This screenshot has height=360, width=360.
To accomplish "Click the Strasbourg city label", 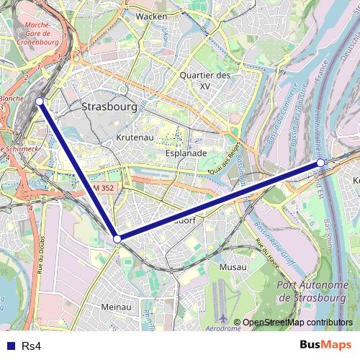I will pos(109,107).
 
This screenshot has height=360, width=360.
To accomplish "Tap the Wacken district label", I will pos(151,16).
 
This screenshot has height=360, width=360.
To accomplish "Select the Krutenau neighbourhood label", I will pos(133,137).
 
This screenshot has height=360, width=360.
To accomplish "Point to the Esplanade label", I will pos(186,153).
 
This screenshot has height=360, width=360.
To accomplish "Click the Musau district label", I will pos(233,267).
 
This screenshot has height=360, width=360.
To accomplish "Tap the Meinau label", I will pos(116,307).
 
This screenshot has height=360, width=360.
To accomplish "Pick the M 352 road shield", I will pos(103,188).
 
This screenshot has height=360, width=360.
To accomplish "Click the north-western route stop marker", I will pos(40,102).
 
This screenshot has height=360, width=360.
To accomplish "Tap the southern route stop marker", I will pos(117,238).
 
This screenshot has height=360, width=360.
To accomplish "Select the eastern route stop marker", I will pos(320,163).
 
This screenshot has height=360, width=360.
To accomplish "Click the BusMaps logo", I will pos(326,345).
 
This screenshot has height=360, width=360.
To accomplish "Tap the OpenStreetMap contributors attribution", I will pos(297,323).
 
